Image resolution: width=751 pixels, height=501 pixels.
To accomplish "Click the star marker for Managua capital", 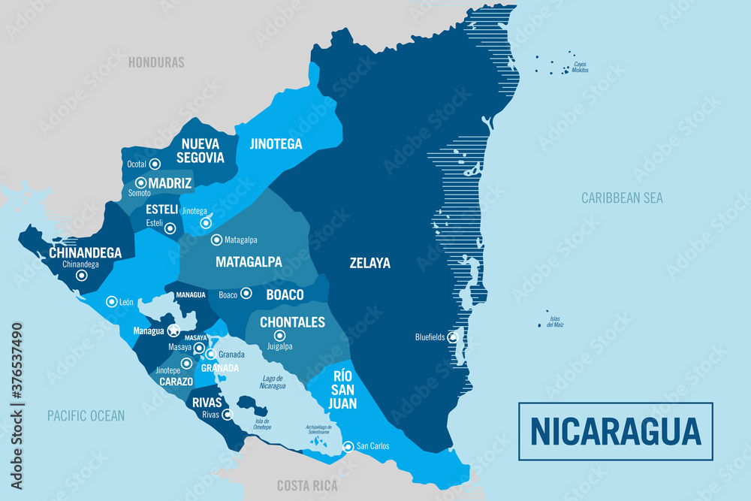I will pyautogui.click(x=173, y=330).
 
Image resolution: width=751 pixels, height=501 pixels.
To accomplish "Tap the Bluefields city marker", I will pyautogui.click(x=453, y=337).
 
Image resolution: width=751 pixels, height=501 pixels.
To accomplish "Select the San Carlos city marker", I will pyautogui.click(x=348, y=447).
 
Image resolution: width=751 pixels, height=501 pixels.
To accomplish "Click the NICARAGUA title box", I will pyautogui.click(x=616, y=431).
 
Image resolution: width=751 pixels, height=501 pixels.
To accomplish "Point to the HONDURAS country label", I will pyautogui.click(x=156, y=62).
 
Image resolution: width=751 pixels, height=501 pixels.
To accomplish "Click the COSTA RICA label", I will pyautogui.click(x=308, y=485).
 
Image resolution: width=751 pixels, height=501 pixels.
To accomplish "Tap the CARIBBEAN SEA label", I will pyautogui.click(x=622, y=198).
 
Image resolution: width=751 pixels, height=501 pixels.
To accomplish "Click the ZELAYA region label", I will pyautogui.click(x=369, y=263).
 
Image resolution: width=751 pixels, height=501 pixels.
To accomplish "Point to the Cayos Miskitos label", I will pyautogui.click(x=580, y=67).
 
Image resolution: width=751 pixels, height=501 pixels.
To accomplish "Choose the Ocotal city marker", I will pyautogui.click(x=155, y=164).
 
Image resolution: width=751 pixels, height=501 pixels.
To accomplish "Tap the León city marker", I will pyautogui.click(x=111, y=300).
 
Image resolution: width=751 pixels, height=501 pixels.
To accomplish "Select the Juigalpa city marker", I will pyautogui.click(x=279, y=336).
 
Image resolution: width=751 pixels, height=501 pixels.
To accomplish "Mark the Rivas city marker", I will pyautogui.click(x=227, y=414).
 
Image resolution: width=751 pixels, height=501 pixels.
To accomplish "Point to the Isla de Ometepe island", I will pyautogui.click(x=258, y=410).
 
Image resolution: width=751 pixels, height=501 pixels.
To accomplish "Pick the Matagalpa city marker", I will pyautogui.click(x=216, y=240).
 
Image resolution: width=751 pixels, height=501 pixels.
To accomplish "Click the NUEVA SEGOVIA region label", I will pyautogui.click(x=200, y=150).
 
